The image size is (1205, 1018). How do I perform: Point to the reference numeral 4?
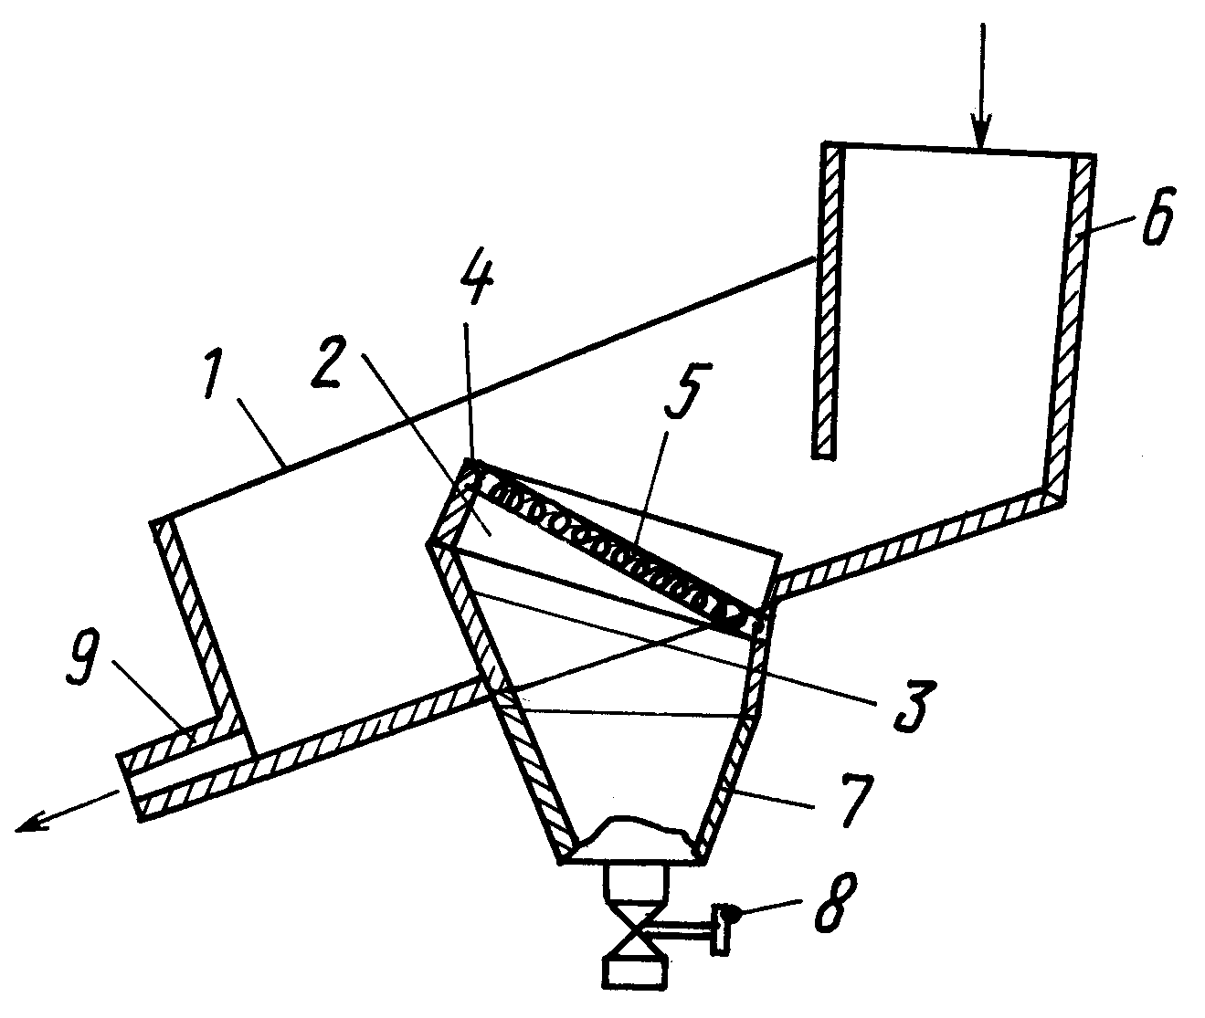point(476,282)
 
